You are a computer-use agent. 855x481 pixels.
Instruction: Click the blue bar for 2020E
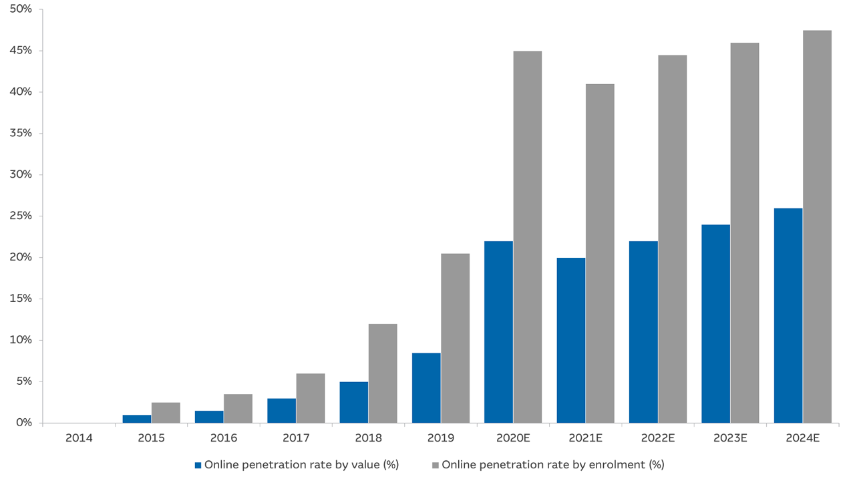pos(498,331)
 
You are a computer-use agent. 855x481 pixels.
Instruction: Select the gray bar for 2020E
pos(528,236)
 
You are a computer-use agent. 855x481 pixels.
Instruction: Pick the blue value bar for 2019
pos(426,387)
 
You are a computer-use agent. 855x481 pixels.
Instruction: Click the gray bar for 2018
pos(383,373)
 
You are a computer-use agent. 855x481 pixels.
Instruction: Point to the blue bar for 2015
pos(136,419)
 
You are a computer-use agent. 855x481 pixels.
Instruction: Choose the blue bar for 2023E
pos(715,323)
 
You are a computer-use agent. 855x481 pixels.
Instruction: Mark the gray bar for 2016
pos(238,408)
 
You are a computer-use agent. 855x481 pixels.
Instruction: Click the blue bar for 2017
pos(281,410)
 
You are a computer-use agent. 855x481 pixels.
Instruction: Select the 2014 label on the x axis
pos(79,438)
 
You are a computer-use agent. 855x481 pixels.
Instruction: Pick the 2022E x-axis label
pos(657,438)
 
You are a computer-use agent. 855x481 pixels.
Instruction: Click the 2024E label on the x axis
pos(802,438)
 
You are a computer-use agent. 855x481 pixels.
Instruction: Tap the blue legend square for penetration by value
pos(198,465)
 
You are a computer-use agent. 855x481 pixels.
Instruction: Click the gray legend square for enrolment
pos(436,465)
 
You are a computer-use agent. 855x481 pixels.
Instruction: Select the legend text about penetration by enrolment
pos(553,465)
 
